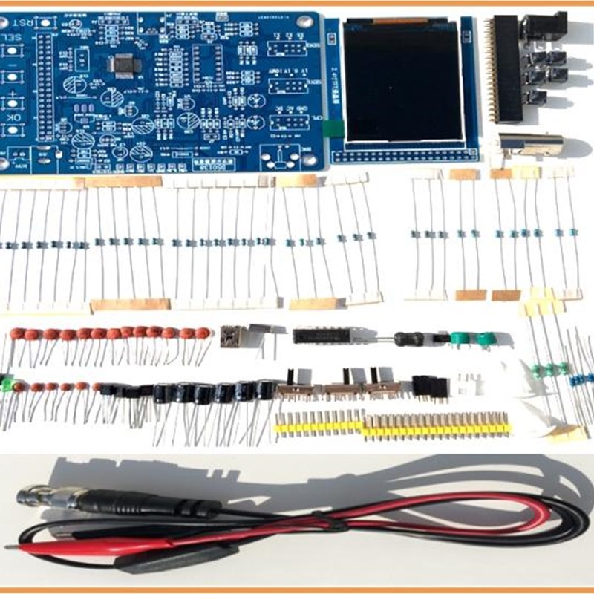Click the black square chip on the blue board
click(x=123, y=65)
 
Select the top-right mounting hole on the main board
click(x=304, y=20)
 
